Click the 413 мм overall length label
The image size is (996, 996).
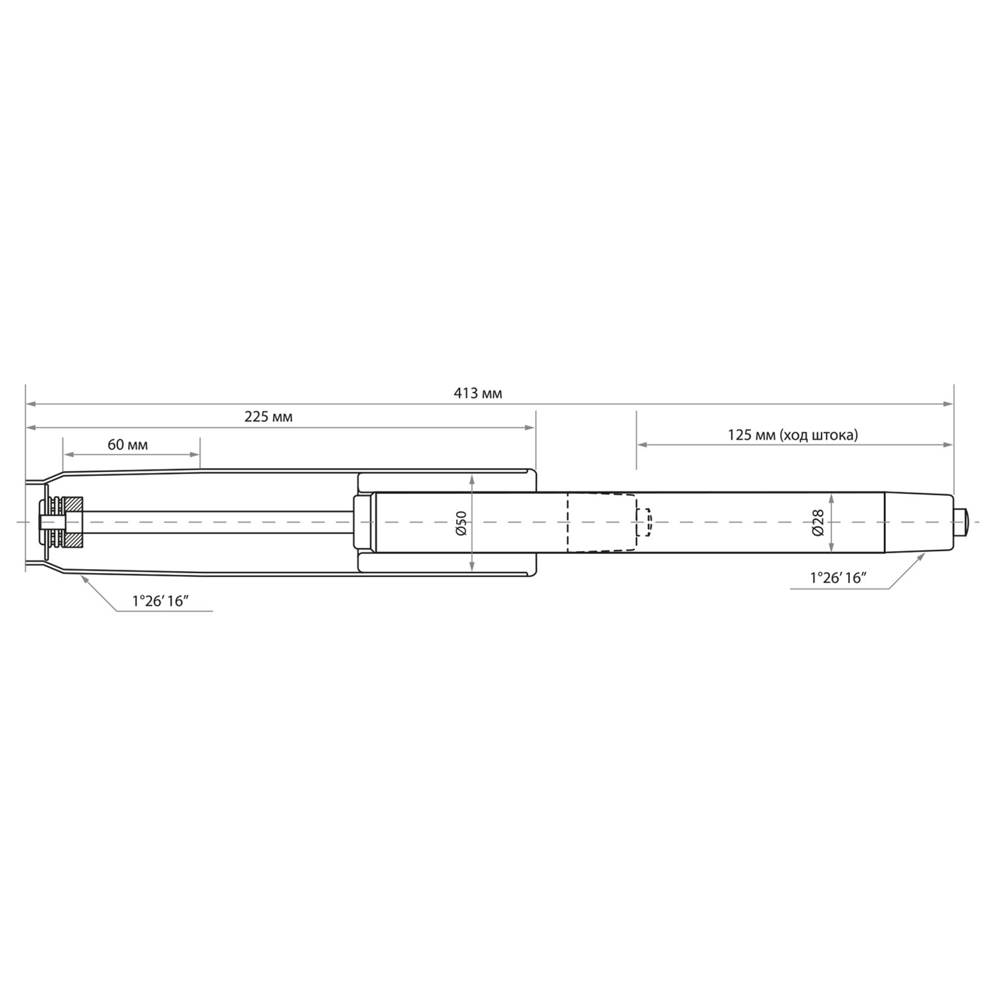pos(477,393)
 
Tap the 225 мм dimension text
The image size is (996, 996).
pos(268,417)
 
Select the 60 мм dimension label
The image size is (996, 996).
pos(127,444)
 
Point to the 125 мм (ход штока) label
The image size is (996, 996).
pos(793,435)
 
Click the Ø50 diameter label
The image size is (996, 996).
pos(462,523)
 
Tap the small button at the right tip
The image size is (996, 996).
pos(961,522)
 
